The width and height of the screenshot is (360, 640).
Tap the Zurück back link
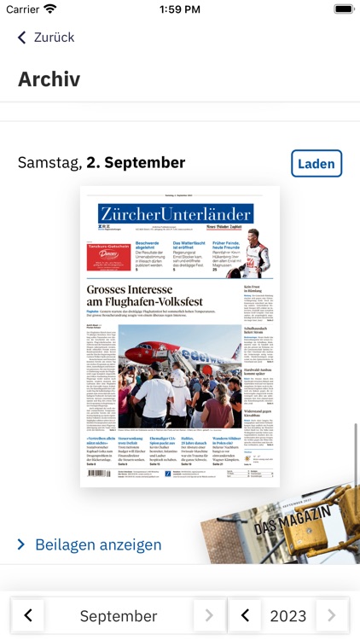46,38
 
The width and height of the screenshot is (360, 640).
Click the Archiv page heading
49,79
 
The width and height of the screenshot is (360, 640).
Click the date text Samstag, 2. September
102,162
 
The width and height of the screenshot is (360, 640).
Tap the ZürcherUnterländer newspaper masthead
175,213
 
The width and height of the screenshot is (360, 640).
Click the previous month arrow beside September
28,614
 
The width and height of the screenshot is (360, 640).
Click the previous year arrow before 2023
245,614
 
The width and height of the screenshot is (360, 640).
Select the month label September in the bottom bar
119,615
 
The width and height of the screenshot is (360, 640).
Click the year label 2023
288,615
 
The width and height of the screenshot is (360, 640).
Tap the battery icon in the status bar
343,9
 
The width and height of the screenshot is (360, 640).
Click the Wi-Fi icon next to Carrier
50,9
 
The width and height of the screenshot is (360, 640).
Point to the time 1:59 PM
179,9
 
